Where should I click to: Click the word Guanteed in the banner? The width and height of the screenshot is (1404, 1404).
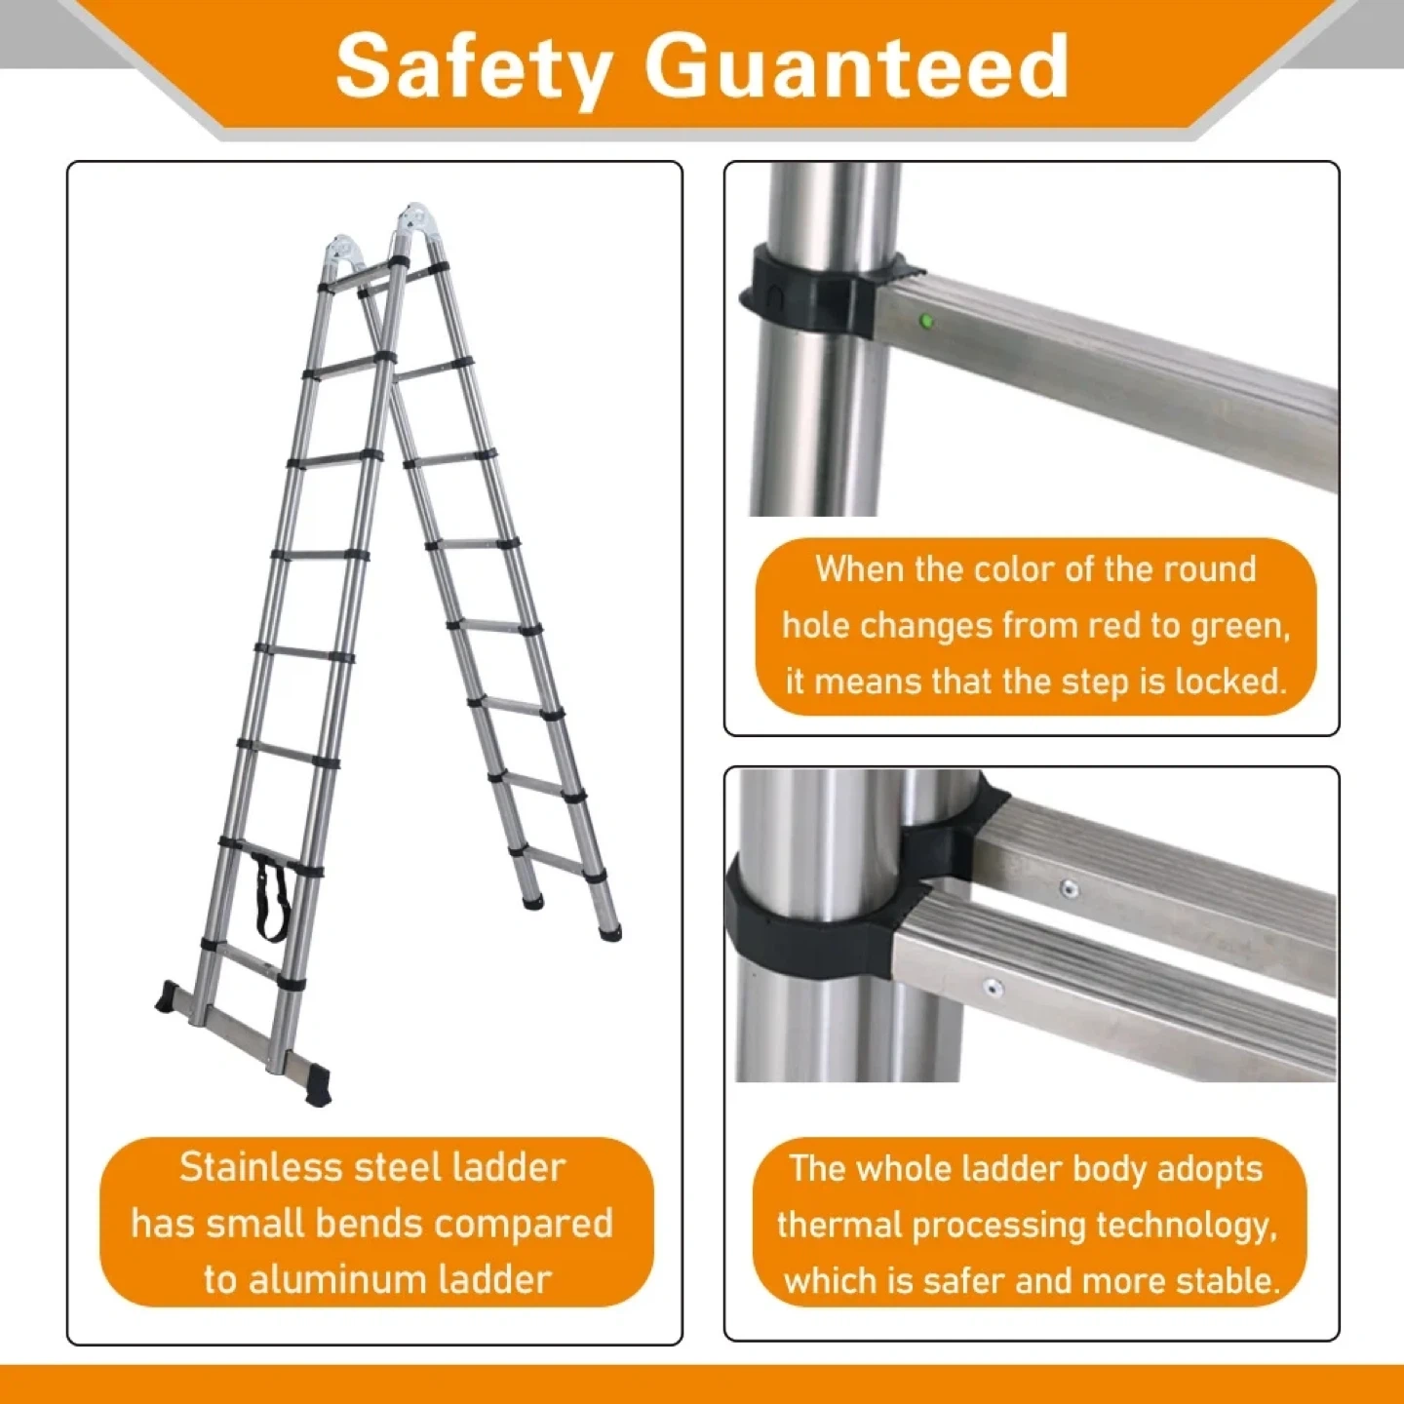coord(857,66)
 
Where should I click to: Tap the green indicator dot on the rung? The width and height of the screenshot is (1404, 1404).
coord(926,320)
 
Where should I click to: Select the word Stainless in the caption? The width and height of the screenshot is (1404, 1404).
coord(260,1168)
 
